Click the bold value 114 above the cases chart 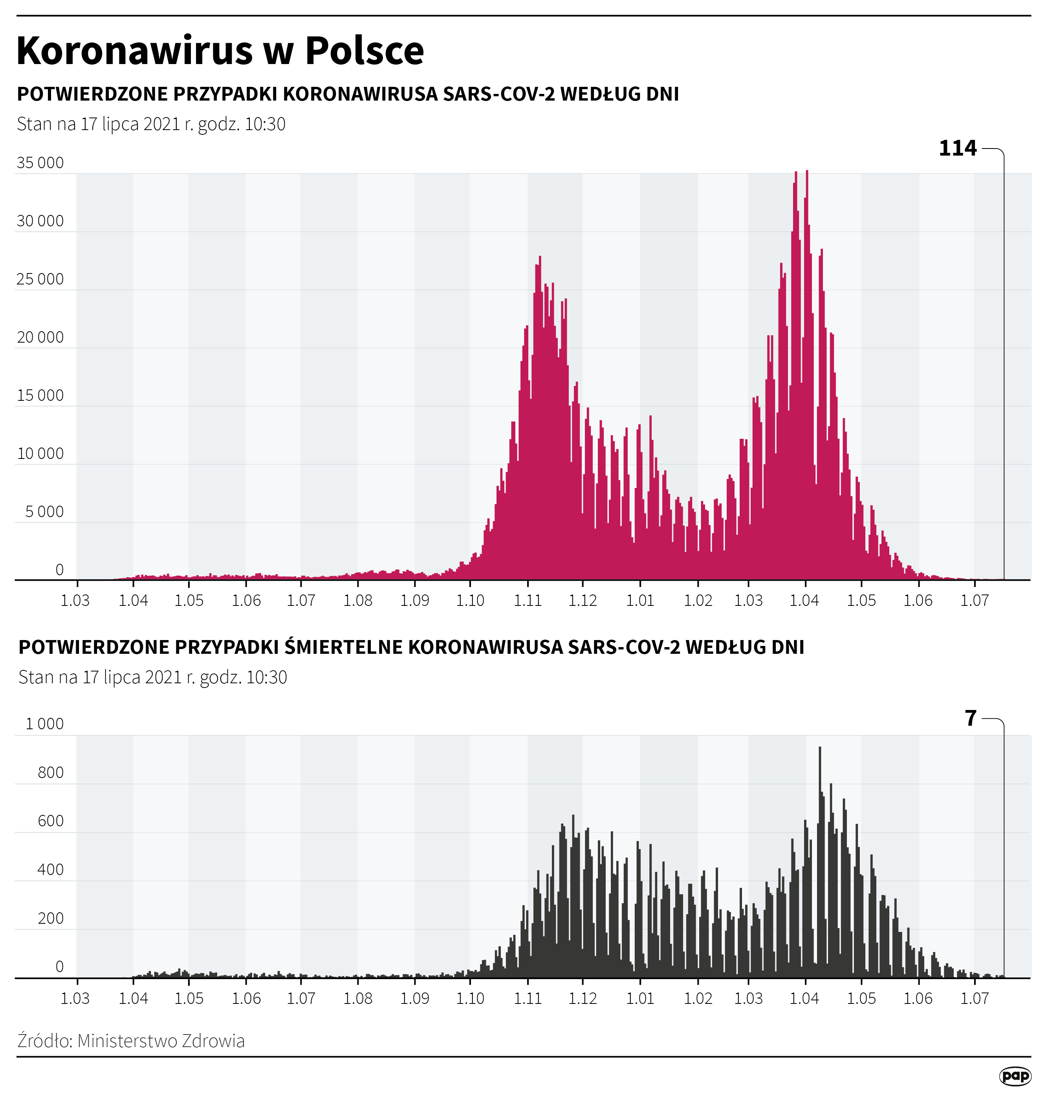tap(958, 149)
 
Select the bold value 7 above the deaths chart tap(971, 718)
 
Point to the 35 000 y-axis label tap(40, 163)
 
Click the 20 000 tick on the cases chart tap(40, 338)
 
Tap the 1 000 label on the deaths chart tap(45, 724)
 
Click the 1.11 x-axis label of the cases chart tap(528, 601)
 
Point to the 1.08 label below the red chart tap(357, 601)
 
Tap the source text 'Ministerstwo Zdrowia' tap(161, 1041)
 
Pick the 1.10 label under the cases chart tap(470, 601)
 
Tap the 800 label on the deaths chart tap(51, 773)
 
